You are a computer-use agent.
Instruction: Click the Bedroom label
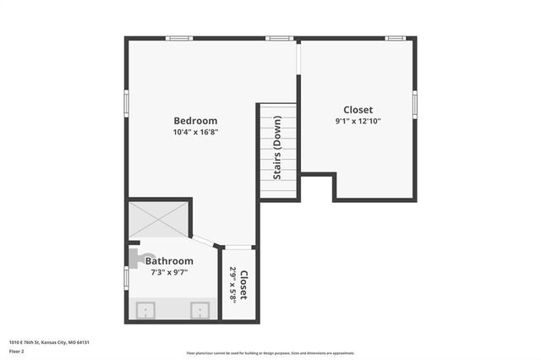(195, 121)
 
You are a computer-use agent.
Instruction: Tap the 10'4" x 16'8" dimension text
(195, 133)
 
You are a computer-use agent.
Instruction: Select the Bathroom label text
(169, 261)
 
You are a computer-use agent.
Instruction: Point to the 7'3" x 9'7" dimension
(169, 272)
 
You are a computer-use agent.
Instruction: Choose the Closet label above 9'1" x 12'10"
(358, 110)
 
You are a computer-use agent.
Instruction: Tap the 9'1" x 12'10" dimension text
(358, 121)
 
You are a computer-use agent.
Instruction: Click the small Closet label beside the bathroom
(243, 285)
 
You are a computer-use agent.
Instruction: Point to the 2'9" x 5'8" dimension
(232, 285)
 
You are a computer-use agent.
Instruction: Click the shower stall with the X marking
(159, 218)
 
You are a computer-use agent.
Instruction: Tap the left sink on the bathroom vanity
(145, 310)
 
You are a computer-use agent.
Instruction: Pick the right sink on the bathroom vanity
(200, 310)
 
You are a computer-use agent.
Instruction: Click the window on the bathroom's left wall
(127, 277)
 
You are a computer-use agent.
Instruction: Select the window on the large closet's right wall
(415, 103)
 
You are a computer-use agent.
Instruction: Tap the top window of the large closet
(395, 38)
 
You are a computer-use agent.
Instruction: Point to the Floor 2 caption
(16, 351)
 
